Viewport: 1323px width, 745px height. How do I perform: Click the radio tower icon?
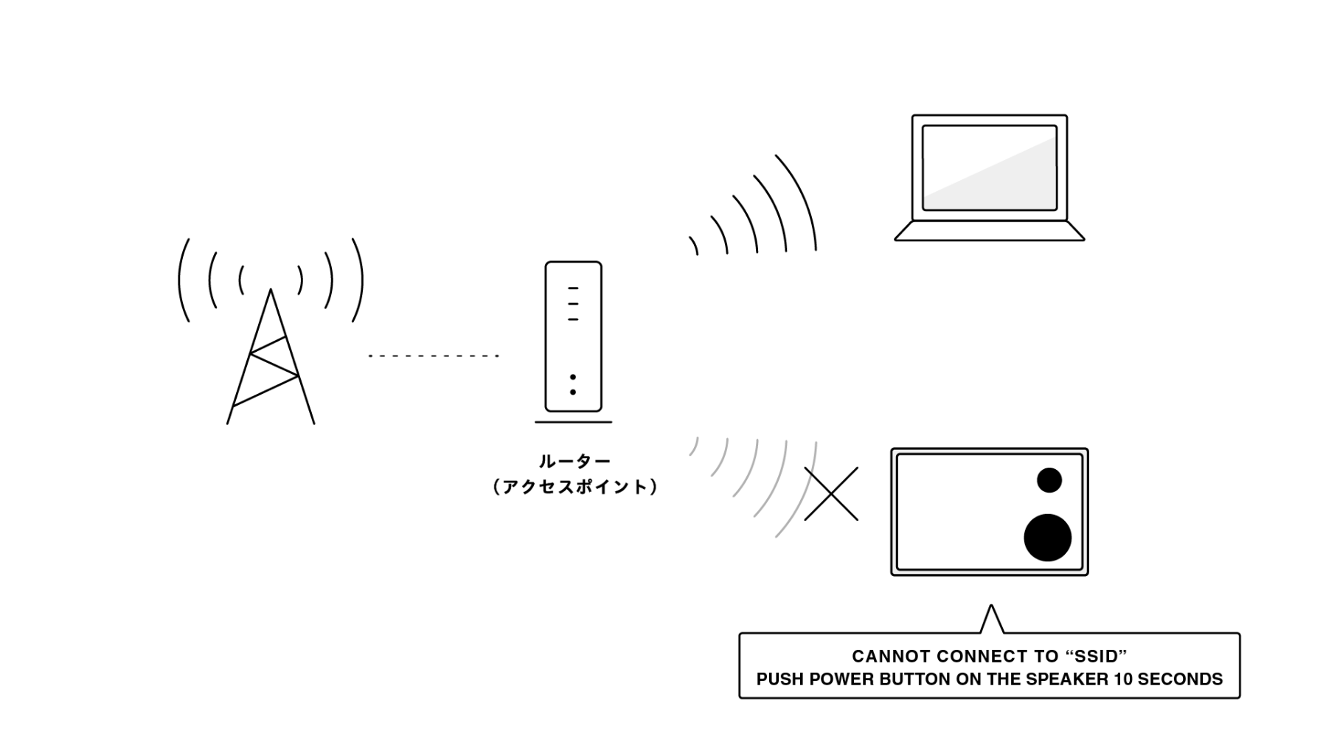click(x=271, y=356)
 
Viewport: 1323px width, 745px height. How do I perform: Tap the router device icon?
click(x=573, y=336)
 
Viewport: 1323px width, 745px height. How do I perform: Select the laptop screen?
click(x=989, y=168)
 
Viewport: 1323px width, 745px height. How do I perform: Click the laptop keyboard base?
click(x=989, y=231)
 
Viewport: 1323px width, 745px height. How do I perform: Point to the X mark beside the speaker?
click(x=831, y=493)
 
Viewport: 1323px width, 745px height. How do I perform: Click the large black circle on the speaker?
click(x=1047, y=538)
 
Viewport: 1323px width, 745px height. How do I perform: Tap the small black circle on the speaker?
click(x=1049, y=480)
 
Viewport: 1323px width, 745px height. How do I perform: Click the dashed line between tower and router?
click(x=434, y=356)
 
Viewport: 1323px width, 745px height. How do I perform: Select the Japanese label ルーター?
click(x=574, y=462)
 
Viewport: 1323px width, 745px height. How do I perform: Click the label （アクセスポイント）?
click(x=574, y=487)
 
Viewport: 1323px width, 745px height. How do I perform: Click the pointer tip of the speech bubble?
click(x=991, y=606)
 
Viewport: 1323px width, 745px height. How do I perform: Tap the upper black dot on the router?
click(x=573, y=377)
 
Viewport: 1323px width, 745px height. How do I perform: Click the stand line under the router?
click(x=573, y=423)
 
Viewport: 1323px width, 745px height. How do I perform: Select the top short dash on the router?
click(x=573, y=288)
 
